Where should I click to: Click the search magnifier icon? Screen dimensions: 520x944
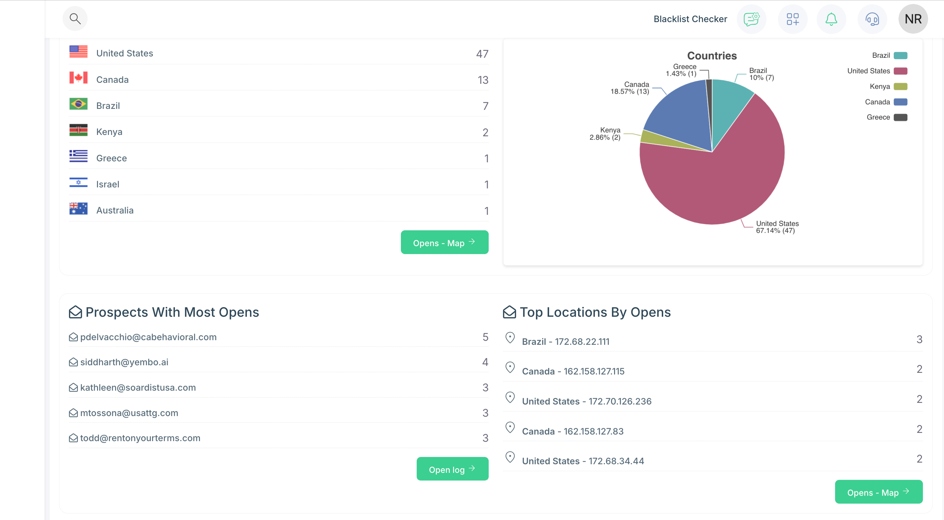coord(75,19)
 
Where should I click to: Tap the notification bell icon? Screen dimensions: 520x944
coord(831,19)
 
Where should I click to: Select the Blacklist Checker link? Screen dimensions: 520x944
coord(690,19)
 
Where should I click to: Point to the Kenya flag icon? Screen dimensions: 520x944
coord(79,130)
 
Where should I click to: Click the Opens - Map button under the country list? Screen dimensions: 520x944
coord(444,243)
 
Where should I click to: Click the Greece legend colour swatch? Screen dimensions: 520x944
coord(900,117)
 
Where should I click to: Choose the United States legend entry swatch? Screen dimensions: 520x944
coord(900,71)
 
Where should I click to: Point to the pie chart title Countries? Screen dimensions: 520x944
coord(712,56)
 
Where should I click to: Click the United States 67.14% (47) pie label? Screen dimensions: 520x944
coord(777,227)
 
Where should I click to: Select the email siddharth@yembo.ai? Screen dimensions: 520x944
coord(124,362)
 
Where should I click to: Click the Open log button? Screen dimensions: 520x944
coord(452,469)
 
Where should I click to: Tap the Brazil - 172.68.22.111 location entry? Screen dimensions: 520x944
coord(566,341)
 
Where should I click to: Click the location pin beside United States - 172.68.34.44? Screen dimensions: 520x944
coord(510,457)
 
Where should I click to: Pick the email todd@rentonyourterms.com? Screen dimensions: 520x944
coord(140,438)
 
